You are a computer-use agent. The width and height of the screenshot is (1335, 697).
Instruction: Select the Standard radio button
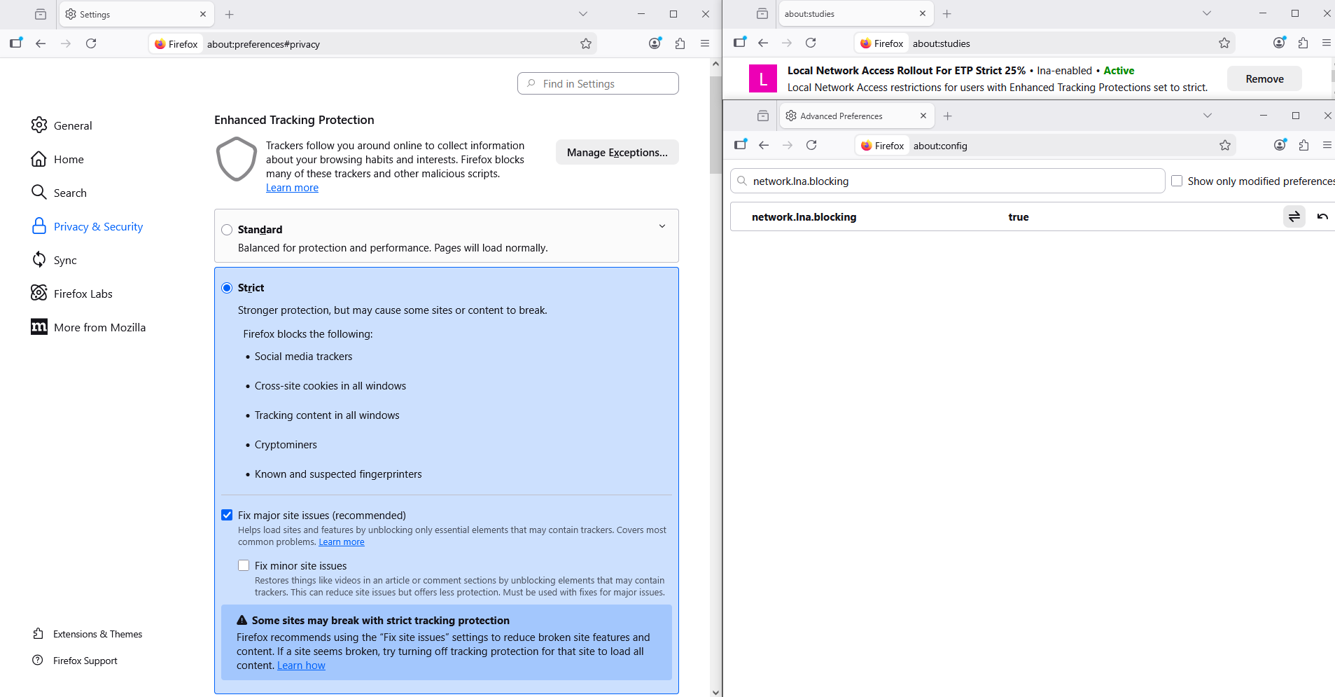point(227,230)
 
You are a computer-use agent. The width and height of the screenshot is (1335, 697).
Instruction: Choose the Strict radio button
point(227,288)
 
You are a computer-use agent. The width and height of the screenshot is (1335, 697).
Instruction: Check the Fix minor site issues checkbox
point(244,565)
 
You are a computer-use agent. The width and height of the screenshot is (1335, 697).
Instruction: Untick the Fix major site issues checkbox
point(227,515)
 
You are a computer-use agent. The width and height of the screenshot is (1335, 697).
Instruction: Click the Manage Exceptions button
point(617,152)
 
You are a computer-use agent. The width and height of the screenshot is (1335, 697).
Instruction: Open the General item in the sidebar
point(72,125)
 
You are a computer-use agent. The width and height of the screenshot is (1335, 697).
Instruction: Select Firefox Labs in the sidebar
point(83,294)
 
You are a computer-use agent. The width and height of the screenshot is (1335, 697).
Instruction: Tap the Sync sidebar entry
point(65,260)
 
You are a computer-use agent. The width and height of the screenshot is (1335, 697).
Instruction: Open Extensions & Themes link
point(97,634)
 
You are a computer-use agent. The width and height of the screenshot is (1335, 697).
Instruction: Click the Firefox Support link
point(85,661)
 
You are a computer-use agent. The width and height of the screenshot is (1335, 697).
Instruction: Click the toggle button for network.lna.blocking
point(1294,216)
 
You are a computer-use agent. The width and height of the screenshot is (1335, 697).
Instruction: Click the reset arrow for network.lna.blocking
point(1322,216)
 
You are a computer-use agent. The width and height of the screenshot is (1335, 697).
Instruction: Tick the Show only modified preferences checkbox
point(1177,181)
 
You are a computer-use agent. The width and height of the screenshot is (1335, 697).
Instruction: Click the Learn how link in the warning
point(301,665)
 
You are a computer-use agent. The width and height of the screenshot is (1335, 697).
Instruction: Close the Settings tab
point(203,14)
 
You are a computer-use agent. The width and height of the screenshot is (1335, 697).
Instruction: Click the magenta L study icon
point(762,78)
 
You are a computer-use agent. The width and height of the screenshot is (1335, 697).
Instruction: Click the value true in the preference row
point(1018,217)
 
